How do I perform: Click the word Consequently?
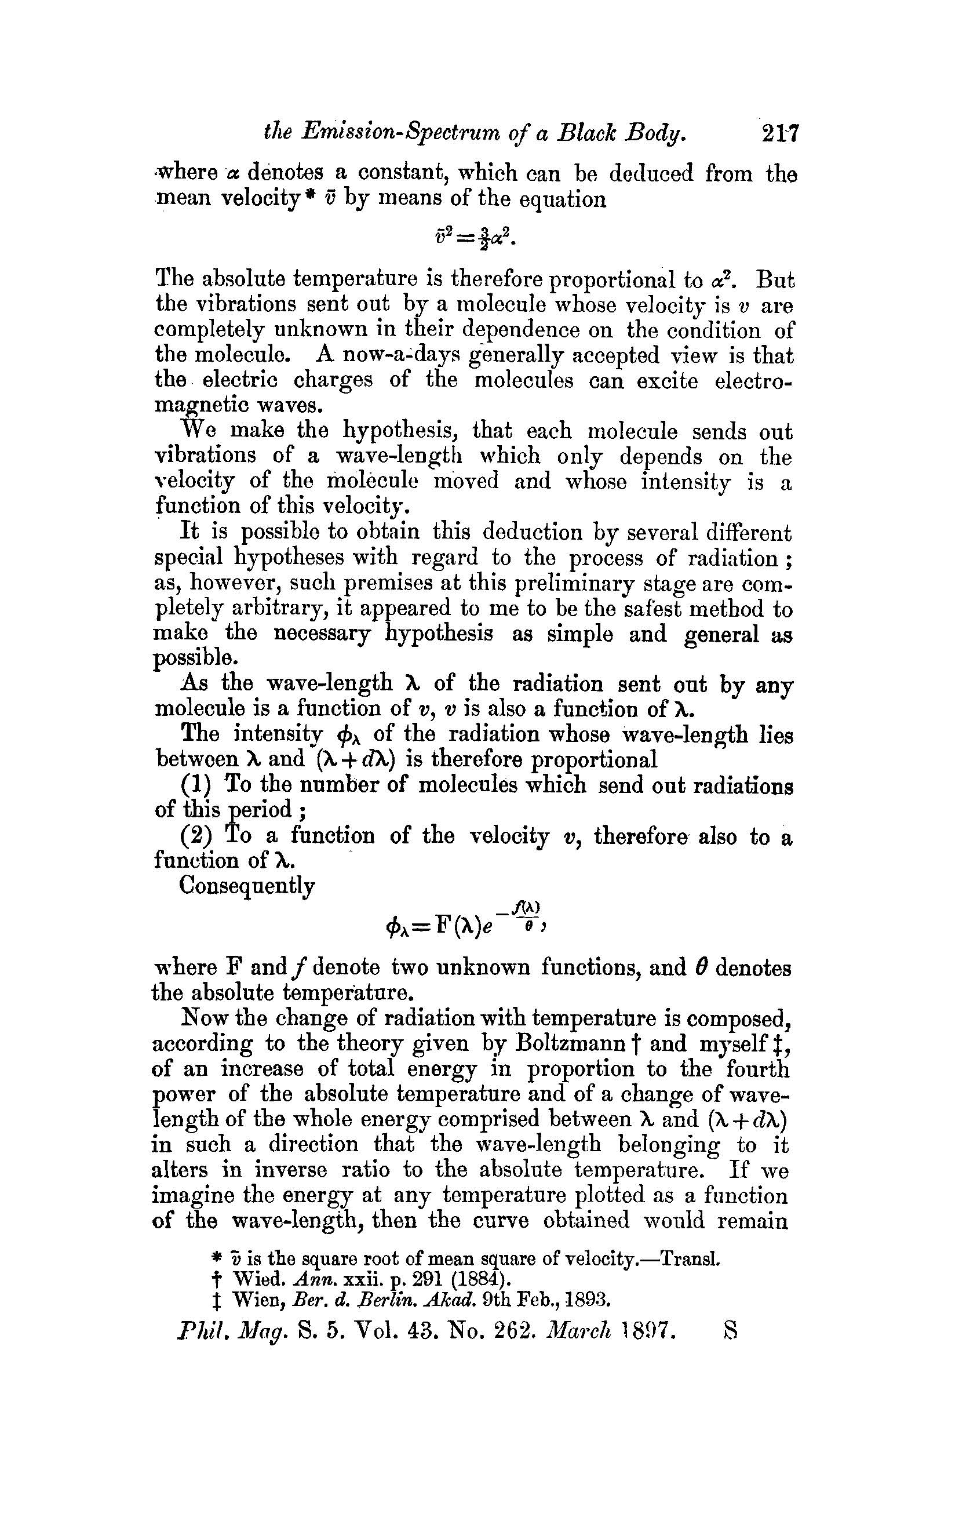[x=247, y=886]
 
